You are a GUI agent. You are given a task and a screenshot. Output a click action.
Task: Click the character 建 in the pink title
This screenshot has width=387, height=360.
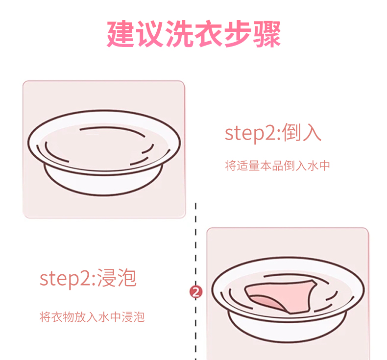(x=121, y=33)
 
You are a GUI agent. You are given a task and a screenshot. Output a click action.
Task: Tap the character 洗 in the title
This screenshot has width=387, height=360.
(x=179, y=33)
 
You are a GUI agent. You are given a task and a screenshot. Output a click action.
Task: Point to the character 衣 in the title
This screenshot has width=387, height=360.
(x=208, y=33)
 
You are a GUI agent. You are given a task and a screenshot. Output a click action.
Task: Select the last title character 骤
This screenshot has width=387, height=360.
(x=266, y=33)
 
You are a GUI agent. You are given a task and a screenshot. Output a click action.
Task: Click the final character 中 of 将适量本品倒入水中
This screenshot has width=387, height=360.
(x=324, y=166)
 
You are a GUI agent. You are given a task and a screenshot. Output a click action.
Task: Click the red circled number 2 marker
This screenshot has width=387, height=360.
(x=196, y=292)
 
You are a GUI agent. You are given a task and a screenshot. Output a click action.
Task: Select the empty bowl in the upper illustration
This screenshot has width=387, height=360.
(x=104, y=147)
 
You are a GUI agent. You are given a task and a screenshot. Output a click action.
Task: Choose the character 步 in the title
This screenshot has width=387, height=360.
(x=237, y=33)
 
